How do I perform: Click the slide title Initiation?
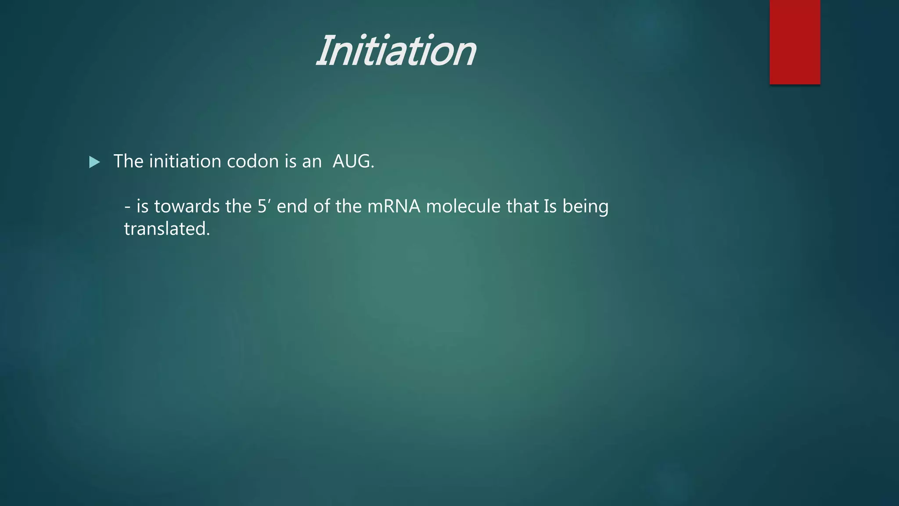[396, 51]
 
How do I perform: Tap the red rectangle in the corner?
[795, 42]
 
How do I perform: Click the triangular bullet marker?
[94, 162]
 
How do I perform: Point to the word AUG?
[351, 161]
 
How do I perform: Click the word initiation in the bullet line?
[185, 161]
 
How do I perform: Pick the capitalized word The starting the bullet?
[128, 161]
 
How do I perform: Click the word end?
[292, 206]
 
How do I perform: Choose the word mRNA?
[394, 206]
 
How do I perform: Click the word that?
[522, 206]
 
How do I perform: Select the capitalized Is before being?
[550, 206]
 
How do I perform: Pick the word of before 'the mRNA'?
[321, 206]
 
